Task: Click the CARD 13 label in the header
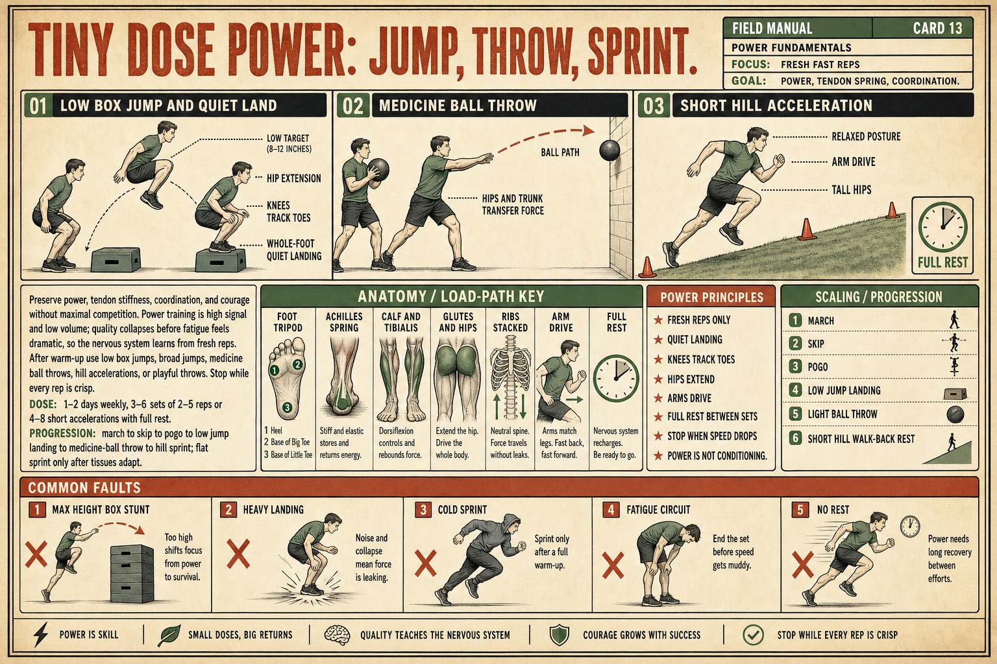(937, 29)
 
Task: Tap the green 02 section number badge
(353, 106)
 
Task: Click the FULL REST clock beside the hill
(942, 227)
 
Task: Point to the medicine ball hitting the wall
(609, 150)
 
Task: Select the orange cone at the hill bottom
(647, 267)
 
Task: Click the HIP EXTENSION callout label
(294, 178)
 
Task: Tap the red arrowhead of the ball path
(589, 130)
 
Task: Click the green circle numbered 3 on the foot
(287, 407)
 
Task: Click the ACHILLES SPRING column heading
(343, 322)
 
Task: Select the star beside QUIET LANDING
(658, 340)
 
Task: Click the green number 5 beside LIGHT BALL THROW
(795, 414)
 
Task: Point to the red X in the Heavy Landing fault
(238, 554)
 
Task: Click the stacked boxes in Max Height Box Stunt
(132, 573)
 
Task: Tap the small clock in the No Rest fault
(910, 527)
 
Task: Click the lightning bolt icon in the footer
(41, 634)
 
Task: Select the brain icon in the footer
(337, 635)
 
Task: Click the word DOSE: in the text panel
(43, 404)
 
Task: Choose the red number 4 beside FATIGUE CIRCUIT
(611, 510)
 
